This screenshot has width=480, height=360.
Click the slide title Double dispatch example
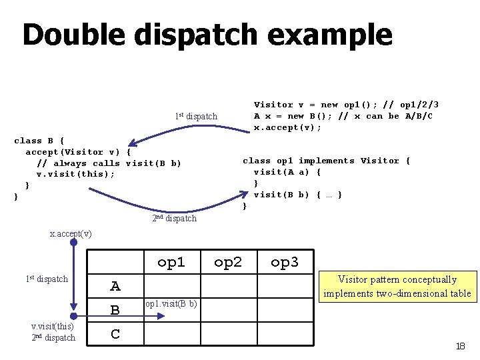click(x=207, y=35)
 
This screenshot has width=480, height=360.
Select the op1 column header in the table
click(x=171, y=262)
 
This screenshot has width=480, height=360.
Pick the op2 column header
click(x=228, y=262)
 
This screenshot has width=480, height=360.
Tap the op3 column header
click(x=285, y=262)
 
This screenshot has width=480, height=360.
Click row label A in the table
click(x=115, y=287)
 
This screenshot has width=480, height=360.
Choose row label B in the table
click(x=115, y=310)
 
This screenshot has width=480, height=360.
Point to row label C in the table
click(x=115, y=334)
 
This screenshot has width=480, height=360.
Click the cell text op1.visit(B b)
click(x=171, y=304)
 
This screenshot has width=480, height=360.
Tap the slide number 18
click(x=460, y=346)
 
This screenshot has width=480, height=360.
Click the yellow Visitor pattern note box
click(x=397, y=287)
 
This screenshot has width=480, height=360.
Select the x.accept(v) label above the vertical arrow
click(x=71, y=233)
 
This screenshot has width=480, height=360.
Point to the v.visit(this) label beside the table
click(x=53, y=326)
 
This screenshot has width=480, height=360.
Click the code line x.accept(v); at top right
click(x=287, y=127)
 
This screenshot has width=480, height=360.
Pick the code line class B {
click(x=39, y=141)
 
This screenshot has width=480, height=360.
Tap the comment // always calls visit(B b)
click(x=109, y=163)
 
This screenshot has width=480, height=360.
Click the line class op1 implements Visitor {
click(x=326, y=161)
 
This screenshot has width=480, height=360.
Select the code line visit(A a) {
click(x=287, y=172)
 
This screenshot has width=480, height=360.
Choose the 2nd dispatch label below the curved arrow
click(x=175, y=218)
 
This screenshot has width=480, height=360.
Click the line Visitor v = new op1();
click(x=305, y=105)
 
